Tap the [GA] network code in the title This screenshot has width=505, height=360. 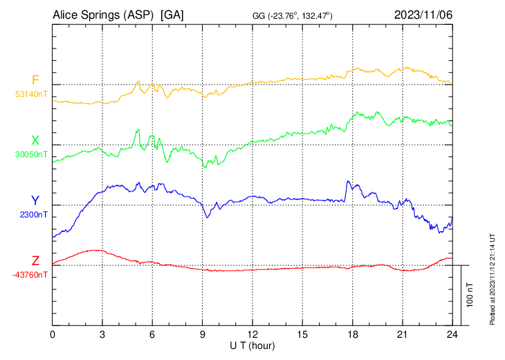(x=171, y=15)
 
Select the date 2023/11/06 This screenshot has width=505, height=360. (x=423, y=15)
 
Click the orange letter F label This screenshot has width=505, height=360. (x=35, y=80)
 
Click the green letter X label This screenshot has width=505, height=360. (x=35, y=141)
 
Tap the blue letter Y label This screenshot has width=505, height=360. (x=35, y=201)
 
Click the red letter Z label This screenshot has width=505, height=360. (x=35, y=261)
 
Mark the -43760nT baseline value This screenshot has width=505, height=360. (x=30, y=275)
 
